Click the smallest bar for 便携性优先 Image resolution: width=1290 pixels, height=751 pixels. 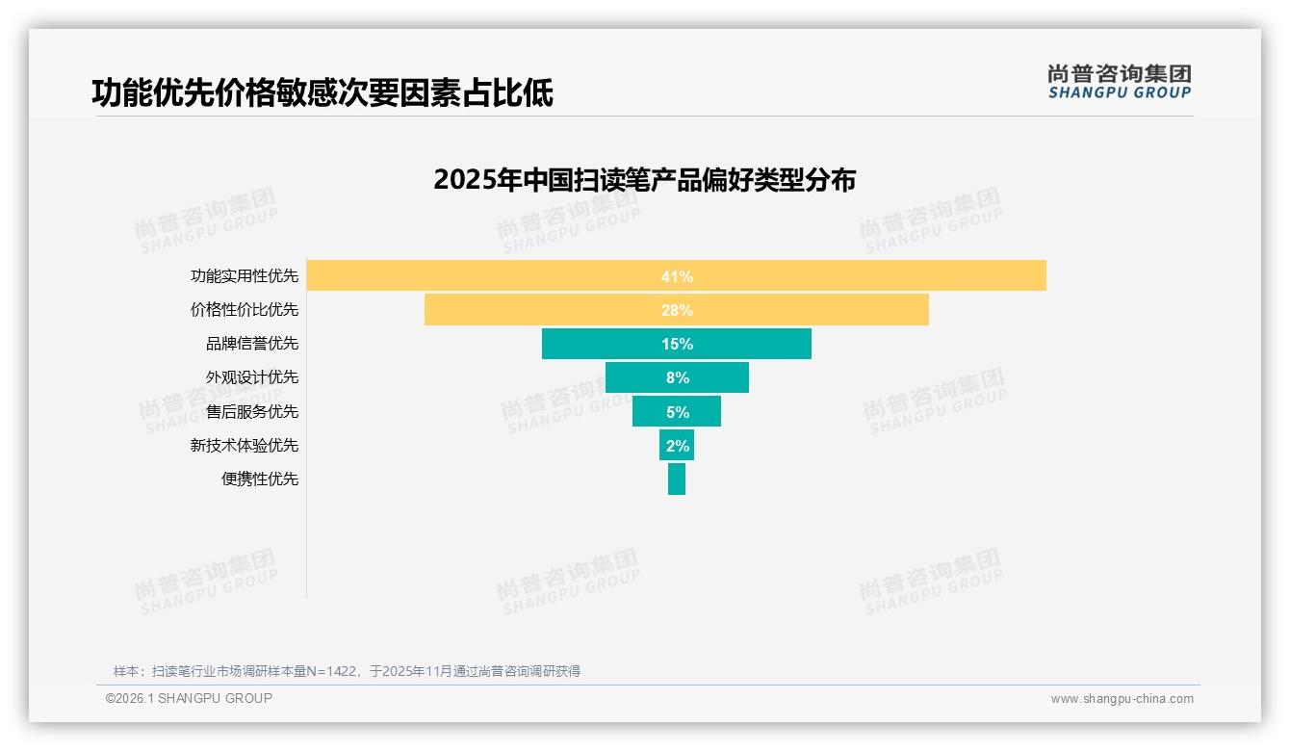point(677,479)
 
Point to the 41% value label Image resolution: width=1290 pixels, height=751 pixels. point(677,276)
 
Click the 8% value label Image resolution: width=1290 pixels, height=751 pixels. point(677,377)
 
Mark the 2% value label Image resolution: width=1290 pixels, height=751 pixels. point(677,445)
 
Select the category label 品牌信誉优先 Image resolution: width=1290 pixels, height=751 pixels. point(252,344)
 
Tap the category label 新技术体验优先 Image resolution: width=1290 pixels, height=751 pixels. point(245,445)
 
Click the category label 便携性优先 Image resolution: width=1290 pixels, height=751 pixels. point(260,479)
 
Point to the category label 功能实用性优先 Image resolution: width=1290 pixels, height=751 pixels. point(245,276)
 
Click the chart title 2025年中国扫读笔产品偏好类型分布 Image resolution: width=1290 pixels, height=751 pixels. point(644,180)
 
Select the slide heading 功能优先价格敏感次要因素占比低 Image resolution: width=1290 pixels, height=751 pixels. point(322,92)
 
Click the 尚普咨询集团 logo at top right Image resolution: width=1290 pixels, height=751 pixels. point(1119,82)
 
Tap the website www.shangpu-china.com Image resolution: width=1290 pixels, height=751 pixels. point(1122,699)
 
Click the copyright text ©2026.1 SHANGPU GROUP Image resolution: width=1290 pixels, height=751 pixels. point(189,698)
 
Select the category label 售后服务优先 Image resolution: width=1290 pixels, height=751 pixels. point(252,411)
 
